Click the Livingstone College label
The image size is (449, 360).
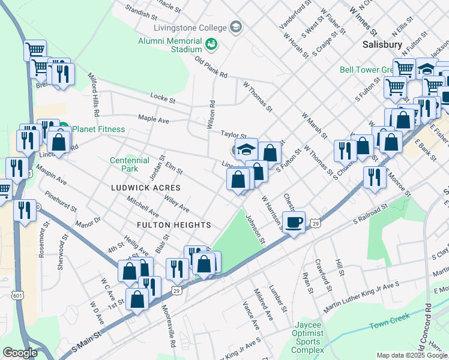click(x=190, y=28)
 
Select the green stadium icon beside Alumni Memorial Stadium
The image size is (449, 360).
click(x=211, y=44)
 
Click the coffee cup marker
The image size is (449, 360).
click(x=294, y=223)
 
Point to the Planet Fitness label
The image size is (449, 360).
click(x=98, y=129)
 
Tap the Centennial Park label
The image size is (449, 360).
click(x=130, y=164)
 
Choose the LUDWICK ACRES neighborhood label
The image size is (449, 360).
click(x=146, y=188)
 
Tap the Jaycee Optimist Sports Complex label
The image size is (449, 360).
click(x=308, y=337)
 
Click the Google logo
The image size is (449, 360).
click(x=20, y=352)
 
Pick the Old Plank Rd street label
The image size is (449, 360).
click(x=211, y=67)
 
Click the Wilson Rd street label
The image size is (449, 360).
click(x=211, y=111)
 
